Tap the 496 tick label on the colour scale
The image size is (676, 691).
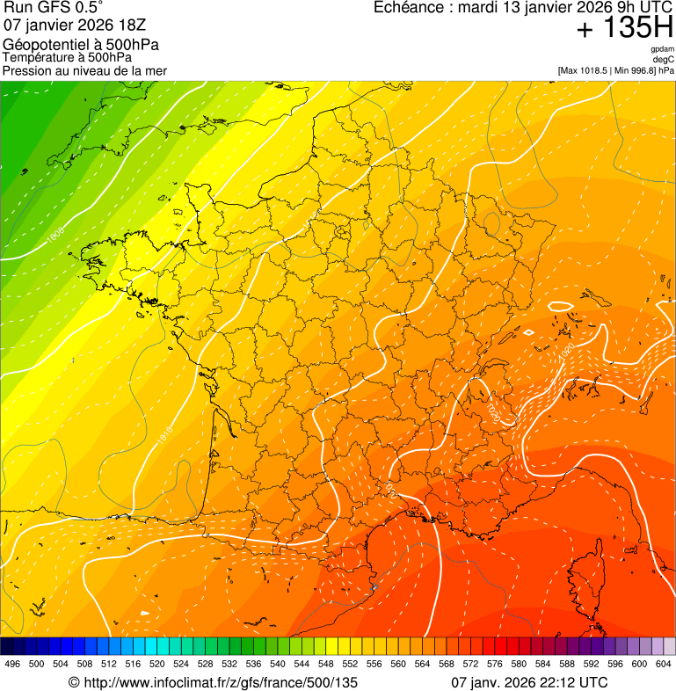tap(12, 664)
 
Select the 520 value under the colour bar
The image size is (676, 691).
tap(157, 664)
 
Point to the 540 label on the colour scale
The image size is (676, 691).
tap(278, 664)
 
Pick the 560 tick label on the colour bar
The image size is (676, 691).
tap(398, 664)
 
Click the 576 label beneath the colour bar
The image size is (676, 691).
tap(495, 664)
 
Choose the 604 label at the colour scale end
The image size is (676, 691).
tap(664, 664)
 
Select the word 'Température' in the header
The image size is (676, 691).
tap(35, 57)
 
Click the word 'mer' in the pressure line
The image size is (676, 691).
tap(156, 70)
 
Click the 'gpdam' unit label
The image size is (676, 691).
tap(662, 49)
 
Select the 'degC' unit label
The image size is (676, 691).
tap(664, 59)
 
